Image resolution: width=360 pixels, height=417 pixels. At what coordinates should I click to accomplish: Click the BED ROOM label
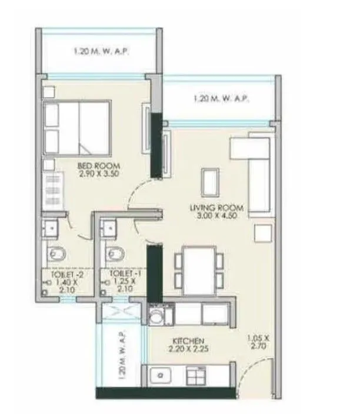pyautogui.click(x=93, y=166)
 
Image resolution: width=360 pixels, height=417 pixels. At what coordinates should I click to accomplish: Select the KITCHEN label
pyautogui.click(x=188, y=341)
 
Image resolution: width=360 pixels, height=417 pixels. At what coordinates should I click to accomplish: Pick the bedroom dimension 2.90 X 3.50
pyautogui.click(x=93, y=174)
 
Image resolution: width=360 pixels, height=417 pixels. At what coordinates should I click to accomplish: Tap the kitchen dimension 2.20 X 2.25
pyautogui.click(x=188, y=349)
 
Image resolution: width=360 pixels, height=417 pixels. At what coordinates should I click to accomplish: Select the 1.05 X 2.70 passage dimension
pyautogui.click(x=258, y=342)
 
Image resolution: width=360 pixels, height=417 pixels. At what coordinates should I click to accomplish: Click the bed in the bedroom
pyautogui.click(x=77, y=127)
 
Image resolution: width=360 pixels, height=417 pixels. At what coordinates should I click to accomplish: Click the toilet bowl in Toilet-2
pyautogui.click(x=58, y=254)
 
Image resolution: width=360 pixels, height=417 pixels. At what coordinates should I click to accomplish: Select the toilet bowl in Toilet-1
pyautogui.click(x=114, y=254)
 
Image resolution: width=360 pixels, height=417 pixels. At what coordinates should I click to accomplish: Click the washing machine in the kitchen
pyautogui.click(x=158, y=315)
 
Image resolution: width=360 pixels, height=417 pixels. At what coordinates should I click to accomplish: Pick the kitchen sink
pyautogui.click(x=160, y=375)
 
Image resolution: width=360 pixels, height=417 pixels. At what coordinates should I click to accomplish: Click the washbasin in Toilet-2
pyautogui.click(x=51, y=227)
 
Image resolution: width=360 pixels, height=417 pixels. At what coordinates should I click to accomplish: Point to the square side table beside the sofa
pyautogui.click(x=262, y=232)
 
